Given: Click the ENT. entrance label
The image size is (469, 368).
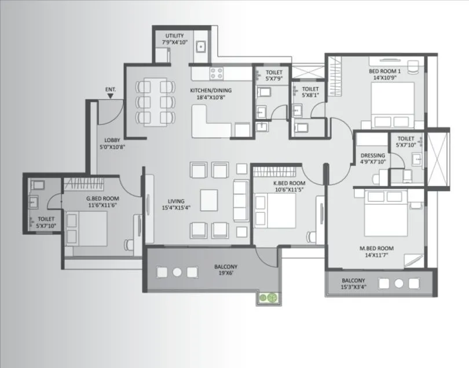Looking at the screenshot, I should click(x=111, y=89).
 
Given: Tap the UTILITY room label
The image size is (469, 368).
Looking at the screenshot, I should click(x=174, y=36).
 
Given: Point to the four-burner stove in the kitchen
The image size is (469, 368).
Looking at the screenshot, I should click(x=217, y=73).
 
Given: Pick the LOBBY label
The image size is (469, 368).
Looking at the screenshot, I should click(x=112, y=140).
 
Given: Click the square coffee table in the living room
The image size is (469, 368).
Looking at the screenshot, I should click(x=209, y=197).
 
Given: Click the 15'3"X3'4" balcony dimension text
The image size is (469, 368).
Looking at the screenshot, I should click(x=353, y=287).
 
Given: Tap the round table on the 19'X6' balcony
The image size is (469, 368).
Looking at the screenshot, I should click(x=177, y=272).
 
